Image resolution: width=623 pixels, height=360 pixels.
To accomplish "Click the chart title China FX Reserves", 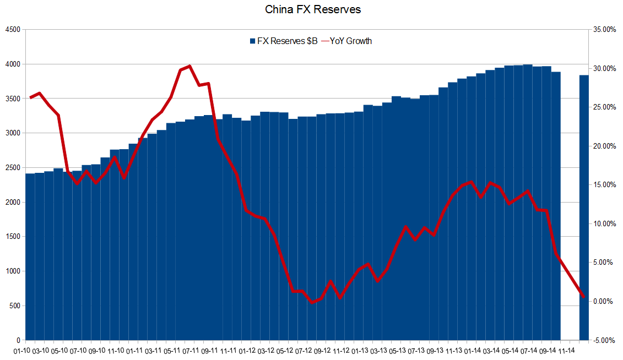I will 313,9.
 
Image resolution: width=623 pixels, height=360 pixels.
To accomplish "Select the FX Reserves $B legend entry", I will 283,41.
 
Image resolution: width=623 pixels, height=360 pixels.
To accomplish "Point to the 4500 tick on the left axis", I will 12,30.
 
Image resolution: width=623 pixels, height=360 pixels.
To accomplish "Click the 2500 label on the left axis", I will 12,168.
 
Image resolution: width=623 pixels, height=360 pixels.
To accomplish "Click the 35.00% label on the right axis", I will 603,30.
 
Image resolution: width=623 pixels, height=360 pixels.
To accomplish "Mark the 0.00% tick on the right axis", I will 605,302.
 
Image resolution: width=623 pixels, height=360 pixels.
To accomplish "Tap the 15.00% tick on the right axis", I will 603,185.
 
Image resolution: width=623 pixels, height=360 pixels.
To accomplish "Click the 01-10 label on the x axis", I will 23,350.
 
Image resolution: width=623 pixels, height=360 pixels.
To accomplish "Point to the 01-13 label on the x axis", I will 361,350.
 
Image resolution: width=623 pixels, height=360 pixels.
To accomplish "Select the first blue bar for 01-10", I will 30,259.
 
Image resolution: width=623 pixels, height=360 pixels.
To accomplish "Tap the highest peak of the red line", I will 189,66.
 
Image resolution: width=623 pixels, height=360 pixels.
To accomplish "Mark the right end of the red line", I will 583,297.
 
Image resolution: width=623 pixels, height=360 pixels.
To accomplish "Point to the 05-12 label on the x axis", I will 286,350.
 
